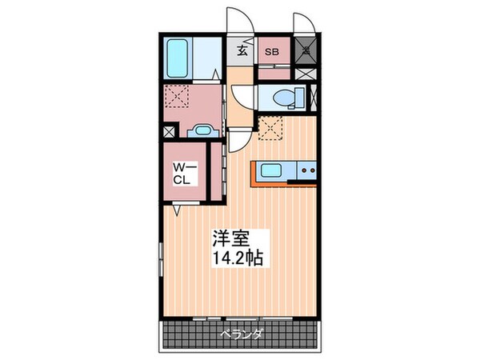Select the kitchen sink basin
[270, 169]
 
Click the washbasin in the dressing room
[201, 130]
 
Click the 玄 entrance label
[242, 52]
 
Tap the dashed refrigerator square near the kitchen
[270, 127]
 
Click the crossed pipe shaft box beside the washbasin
[169, 131]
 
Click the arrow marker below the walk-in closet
[176, 210]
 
